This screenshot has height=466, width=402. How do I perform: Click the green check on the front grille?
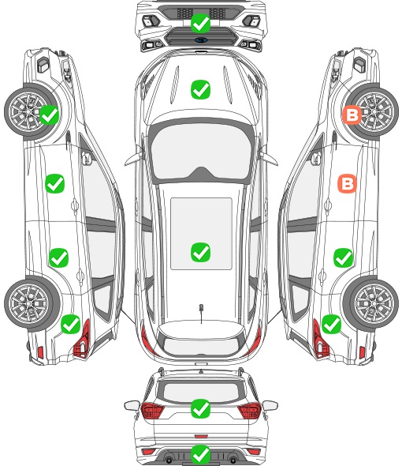point(200,24)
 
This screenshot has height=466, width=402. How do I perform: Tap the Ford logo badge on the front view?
point(201,39)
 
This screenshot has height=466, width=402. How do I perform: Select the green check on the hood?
point(200,89)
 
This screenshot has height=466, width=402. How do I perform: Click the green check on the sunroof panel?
point(200,252)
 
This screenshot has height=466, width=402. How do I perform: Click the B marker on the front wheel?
point(352,115)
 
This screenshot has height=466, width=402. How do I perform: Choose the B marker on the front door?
point(348,183)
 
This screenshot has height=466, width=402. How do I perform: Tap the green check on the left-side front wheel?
point(49,115)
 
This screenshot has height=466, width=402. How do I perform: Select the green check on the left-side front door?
point(55,184)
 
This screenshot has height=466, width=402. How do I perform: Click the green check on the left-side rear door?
point(59,257)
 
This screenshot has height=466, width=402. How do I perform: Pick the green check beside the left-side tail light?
point(71,324)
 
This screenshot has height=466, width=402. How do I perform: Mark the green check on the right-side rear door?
point(343,257)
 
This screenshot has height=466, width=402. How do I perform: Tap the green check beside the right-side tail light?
point(331,324)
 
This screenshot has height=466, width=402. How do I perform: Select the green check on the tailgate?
point(200,408)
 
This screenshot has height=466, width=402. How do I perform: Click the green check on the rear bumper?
point(200,454)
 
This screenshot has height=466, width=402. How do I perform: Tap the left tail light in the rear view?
point(152,411)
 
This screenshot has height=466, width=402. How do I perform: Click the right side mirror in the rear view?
point(270,405)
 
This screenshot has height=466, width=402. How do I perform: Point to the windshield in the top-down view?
point(201,150)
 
